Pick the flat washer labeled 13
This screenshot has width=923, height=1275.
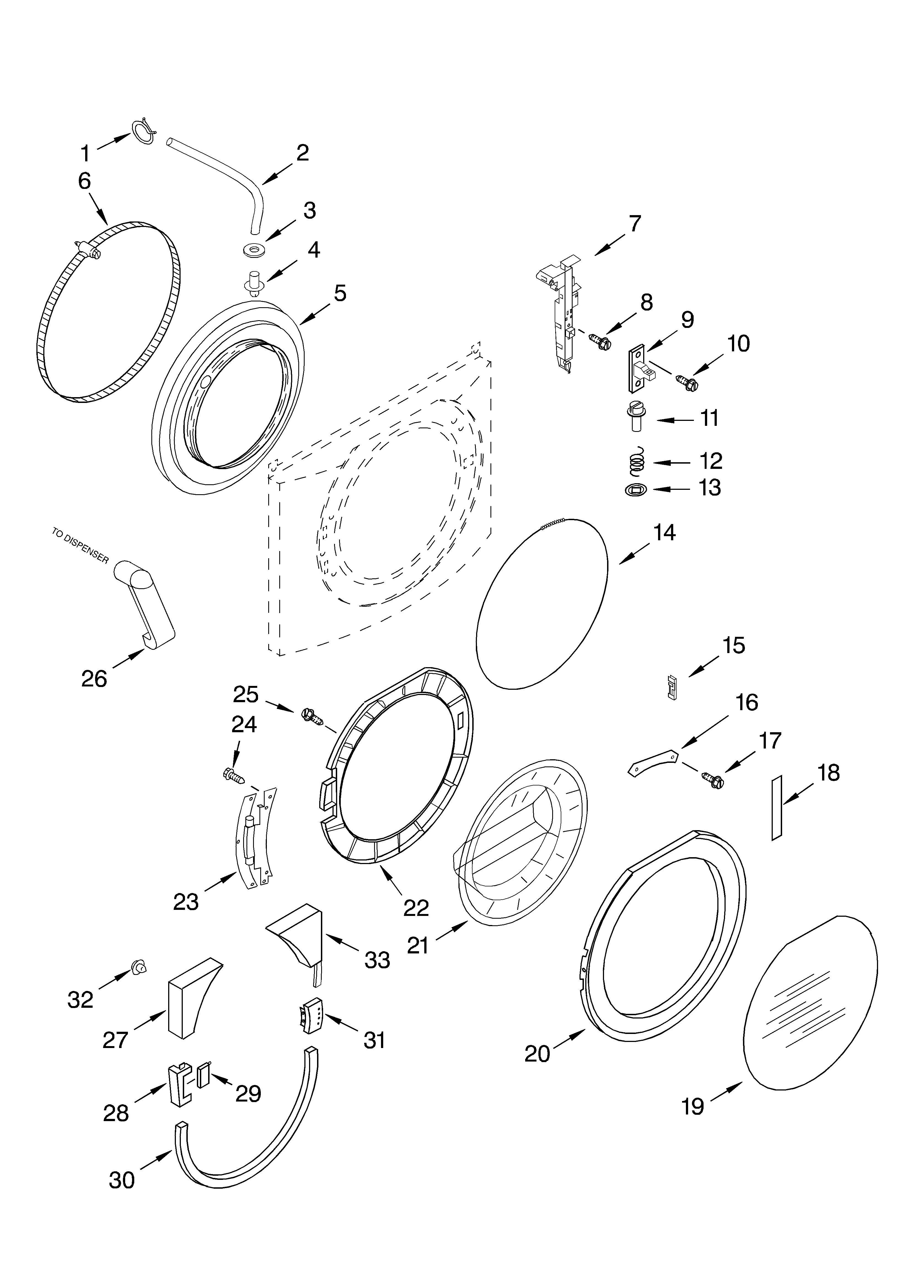[x=635, y=490]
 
